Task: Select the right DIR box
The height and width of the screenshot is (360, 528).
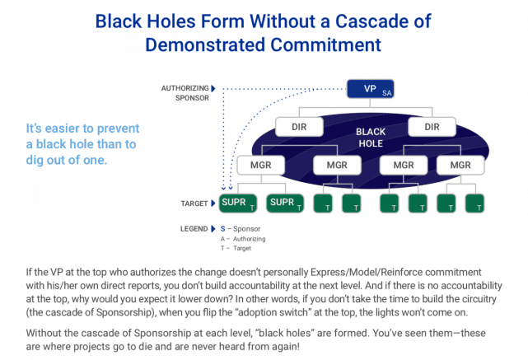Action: click(x=434, y=128)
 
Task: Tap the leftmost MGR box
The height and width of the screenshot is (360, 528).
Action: click(x=254, y=166)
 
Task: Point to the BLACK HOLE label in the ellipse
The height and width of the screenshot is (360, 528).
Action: click(x=370, y=138)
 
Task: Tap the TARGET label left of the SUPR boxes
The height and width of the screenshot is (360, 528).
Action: click(x=194, y=203)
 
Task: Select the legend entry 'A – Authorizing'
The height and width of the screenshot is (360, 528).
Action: click(x=245, y=239)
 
